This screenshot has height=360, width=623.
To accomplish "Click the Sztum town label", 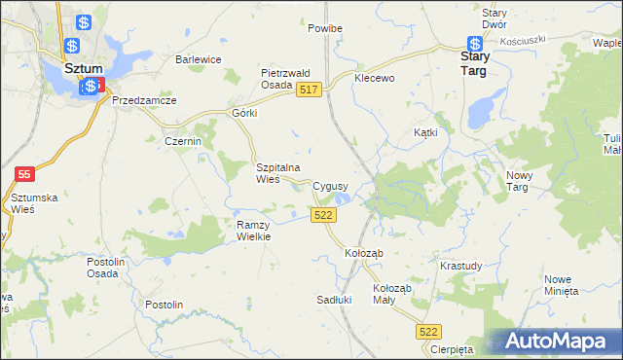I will pos(84,70).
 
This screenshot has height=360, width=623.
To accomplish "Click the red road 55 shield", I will pos(25,174).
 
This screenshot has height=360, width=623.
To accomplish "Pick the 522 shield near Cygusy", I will pos(324,215).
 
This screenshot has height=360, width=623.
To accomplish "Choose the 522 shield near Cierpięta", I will pos(429,332).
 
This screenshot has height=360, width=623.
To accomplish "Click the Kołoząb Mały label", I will pos(393,295).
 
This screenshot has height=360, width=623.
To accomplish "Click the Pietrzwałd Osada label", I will pos(284,79).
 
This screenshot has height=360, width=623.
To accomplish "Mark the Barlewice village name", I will pos(199,59).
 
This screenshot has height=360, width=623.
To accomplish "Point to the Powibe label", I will pos(325,29).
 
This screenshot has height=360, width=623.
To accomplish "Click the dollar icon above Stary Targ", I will pos(475,44).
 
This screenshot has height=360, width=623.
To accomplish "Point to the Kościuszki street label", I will pos(525,40).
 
